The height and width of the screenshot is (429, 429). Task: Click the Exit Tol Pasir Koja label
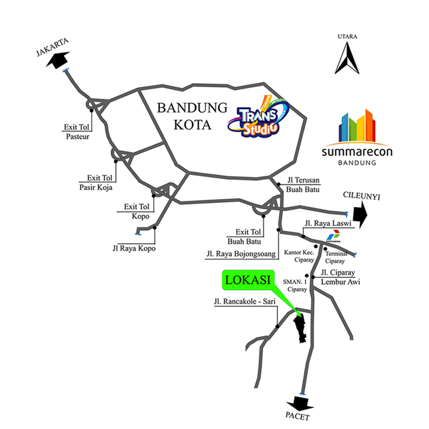click(x=95, y=180)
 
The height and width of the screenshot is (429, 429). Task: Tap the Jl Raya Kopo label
click(x=133, y=248)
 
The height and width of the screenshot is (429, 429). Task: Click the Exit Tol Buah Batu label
click(x=244, y=236)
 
